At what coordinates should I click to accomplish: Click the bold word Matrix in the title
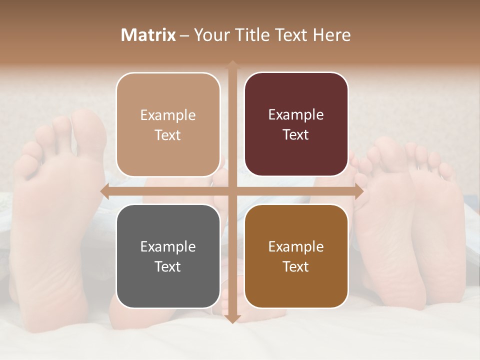(x=148, y=35)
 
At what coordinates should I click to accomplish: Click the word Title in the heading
(x=255, y=35)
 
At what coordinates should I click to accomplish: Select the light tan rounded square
(x=168, y=124)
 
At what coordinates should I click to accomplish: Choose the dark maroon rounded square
(x=296, y=124)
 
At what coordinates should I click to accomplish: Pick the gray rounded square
(x=168, y=256)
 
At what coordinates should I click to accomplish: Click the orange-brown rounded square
(x=296, y=256)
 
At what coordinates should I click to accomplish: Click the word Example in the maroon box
(x=296, y=115)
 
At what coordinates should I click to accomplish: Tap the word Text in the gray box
(x=168, y=267)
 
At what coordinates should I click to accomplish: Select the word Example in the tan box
(x=168, y=115)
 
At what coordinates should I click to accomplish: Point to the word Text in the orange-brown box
(x=296, y=267)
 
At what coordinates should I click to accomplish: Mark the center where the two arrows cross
(x=232, y=191)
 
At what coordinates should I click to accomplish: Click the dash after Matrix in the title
(x=184, y=35)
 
